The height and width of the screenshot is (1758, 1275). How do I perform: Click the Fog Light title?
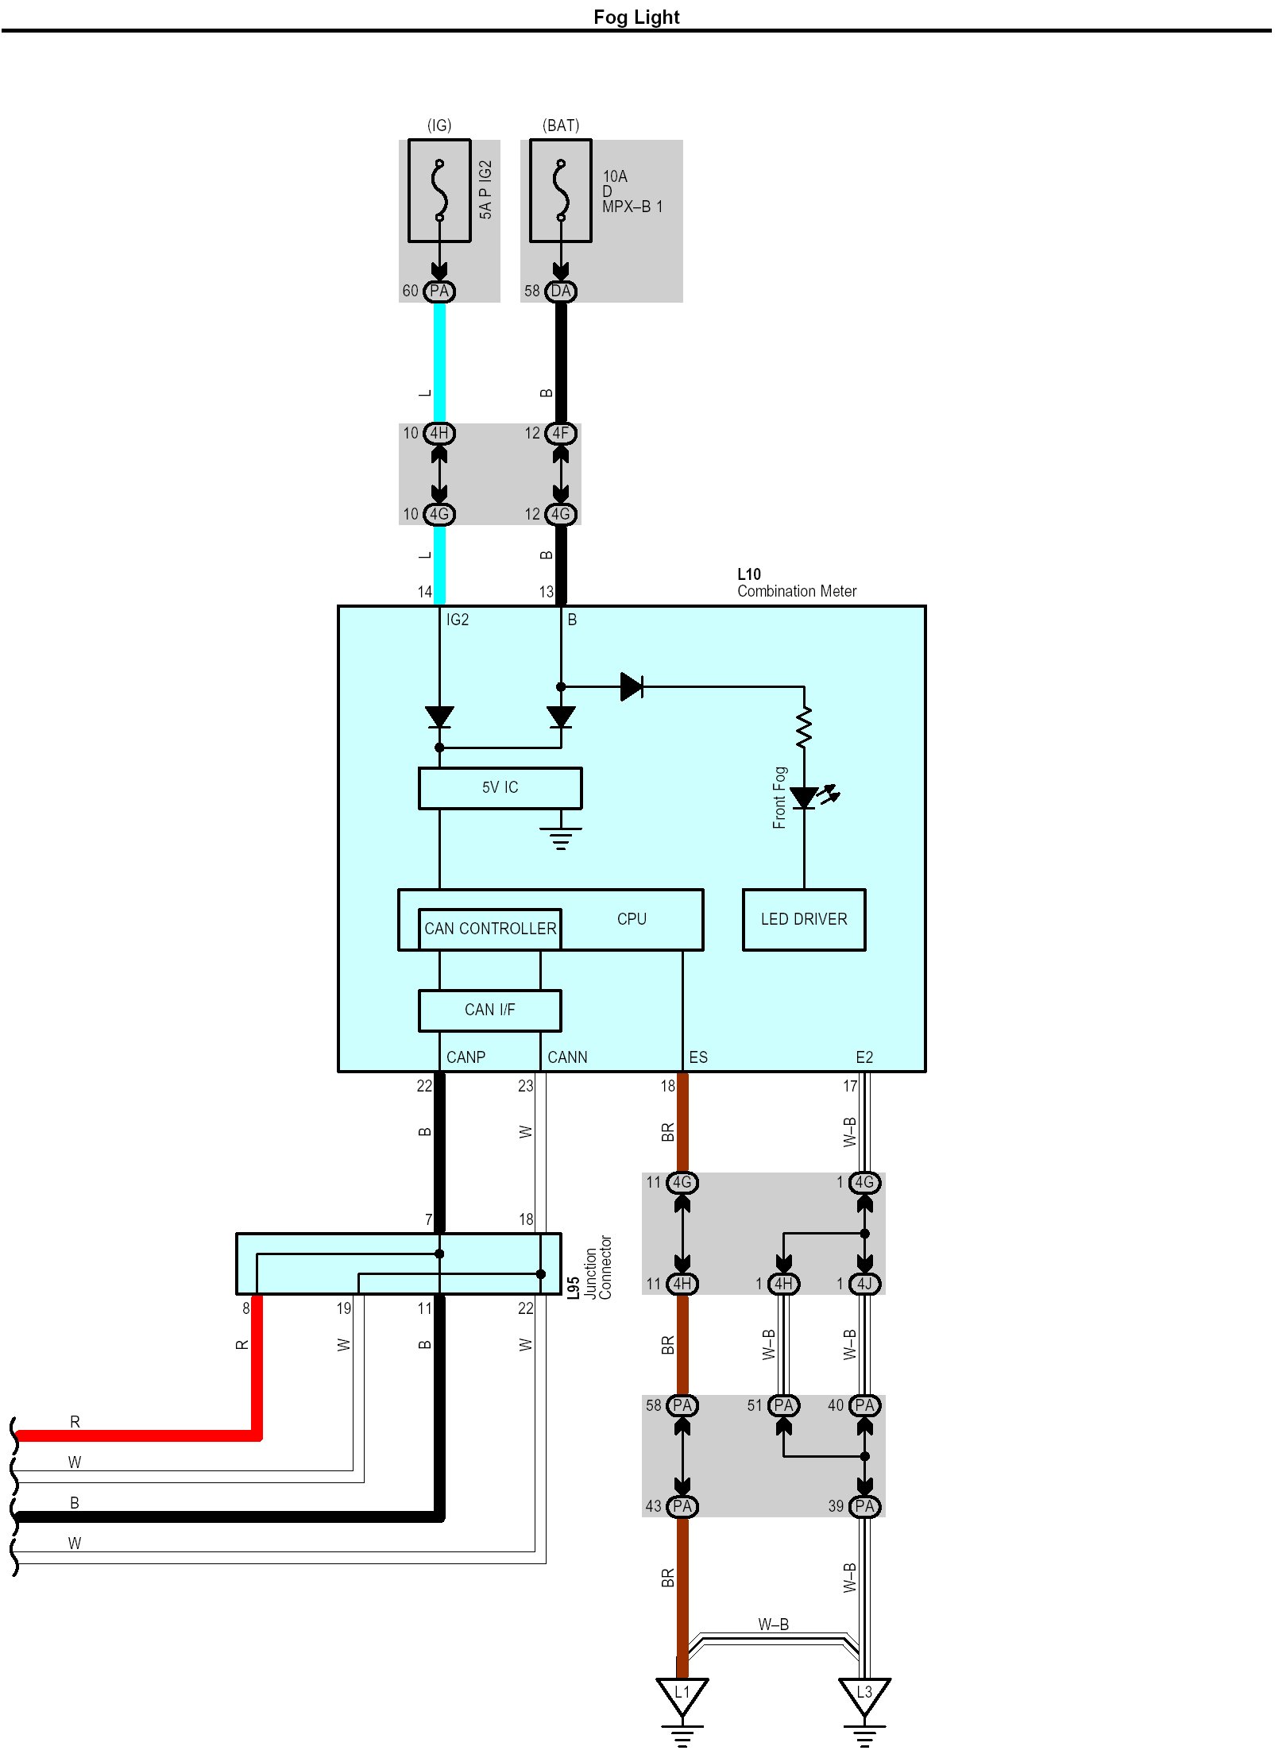click(636, 17)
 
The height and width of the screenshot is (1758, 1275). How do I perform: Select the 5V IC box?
click(500, 787)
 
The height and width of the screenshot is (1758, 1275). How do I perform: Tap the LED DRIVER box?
click(803, 919)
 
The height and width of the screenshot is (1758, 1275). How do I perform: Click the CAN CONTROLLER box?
click(489, 929)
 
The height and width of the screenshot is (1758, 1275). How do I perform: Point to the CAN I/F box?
click(489, 1010)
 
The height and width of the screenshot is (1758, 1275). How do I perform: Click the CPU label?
click(632, 918)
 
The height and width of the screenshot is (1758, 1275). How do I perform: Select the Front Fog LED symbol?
click(805, 797)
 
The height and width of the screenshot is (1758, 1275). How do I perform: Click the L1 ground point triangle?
click(682, 1694)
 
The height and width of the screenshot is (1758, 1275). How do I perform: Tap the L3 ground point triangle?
click(864, 1694)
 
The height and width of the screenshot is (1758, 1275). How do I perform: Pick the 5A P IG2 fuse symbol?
click(439, 191)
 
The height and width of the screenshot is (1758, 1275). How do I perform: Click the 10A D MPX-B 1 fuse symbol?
click(561, 191)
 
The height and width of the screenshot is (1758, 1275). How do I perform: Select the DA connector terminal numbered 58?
click(560, 292)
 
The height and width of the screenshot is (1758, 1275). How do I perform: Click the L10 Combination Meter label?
click(796, 583)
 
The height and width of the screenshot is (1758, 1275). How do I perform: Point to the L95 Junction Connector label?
click(589, 1266)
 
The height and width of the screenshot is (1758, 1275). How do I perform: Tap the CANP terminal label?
click(466, 1057)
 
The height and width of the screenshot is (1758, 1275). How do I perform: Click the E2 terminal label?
click(864, 1057)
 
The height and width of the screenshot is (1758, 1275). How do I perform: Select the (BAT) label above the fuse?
click(561, 126)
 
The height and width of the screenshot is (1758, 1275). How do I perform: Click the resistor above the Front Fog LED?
click(804, 728)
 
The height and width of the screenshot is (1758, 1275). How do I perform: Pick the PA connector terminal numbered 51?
click(783, 1405)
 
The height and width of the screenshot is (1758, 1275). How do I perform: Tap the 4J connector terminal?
click(864, 1284)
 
